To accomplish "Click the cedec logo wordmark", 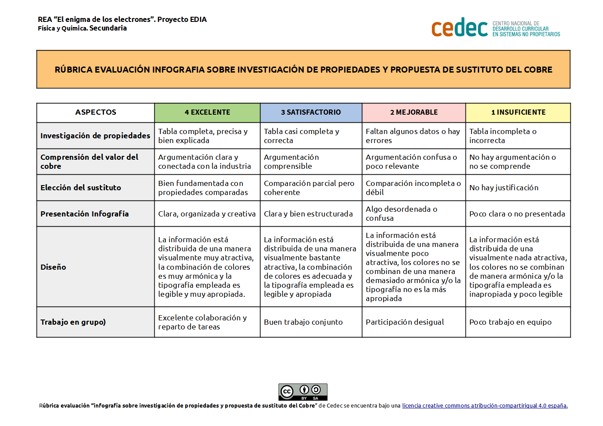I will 459,28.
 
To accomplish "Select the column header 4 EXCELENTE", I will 207,113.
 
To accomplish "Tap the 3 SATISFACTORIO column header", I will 311,113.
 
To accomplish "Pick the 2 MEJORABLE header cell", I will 413,113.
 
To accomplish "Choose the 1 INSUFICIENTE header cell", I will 518,113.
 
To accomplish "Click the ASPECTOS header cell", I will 95,113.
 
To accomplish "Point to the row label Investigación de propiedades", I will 95,136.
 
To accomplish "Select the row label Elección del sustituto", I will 81,188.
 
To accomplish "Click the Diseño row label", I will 53,267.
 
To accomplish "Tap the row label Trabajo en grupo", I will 73,322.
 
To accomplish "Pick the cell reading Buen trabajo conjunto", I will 303,322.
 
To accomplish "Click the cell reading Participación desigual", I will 404,322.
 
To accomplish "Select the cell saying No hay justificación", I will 504,188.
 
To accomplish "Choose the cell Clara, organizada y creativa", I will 207,214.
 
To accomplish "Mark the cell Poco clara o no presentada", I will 517,214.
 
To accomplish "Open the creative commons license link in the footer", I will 484,406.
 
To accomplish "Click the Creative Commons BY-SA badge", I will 303,392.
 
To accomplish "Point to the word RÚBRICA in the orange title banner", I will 73,70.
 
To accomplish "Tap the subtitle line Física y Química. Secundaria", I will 82,28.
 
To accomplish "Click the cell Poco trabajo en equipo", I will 510,322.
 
